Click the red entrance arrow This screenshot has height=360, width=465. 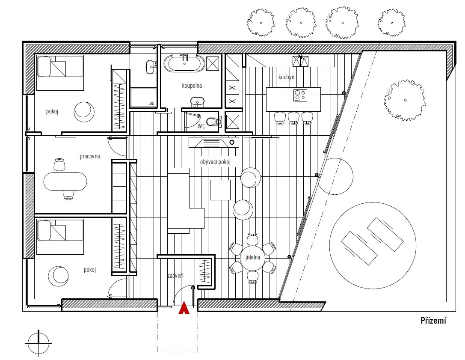(x=184, y=308)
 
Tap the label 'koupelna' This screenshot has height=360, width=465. (x=192, y=86)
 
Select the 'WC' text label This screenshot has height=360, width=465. (x=201, y=126)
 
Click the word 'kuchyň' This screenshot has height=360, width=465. (x=286, y=77)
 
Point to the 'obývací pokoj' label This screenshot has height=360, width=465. (x=215, y=162)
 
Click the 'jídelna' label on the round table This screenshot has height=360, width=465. (x=253, y=257)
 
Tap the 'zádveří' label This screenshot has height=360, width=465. (x=175, y=276)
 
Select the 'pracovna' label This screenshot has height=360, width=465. (x=89, y=156)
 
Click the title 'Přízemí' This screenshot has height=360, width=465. (x=433, y=321)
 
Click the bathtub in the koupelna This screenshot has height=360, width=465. (x=184, y=63)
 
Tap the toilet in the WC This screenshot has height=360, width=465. (x=213, y=122)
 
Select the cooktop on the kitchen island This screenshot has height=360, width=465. (x=300, y=95)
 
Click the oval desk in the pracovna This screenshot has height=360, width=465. (x=65, y=181)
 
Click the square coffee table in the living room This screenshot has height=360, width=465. (x=220, y=190)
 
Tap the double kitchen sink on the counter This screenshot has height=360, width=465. (x=300, y=62)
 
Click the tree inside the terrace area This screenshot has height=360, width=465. (x=405, y=100)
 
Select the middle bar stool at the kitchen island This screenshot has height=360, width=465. (x=293, y=118)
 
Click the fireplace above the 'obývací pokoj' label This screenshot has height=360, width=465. (x=213, y=143)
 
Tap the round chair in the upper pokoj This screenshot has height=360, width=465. (x=84, y=112)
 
